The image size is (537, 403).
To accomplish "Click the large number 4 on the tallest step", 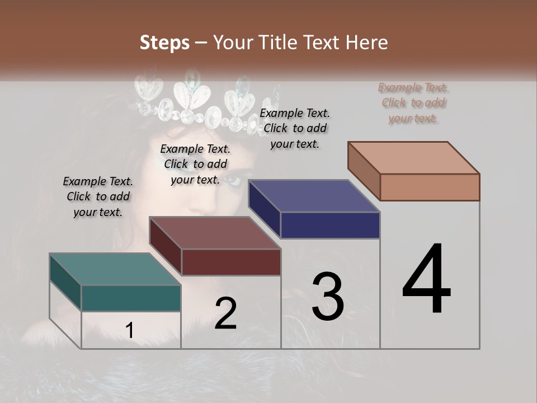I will coord(426,280).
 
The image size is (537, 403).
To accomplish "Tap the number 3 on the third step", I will coord(328,296).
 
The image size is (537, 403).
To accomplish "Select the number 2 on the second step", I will coord(225,313).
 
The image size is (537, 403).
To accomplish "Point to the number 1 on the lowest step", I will coord(129,331).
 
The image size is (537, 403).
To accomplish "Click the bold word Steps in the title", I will coord(164,43).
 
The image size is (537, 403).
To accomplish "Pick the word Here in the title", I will coord(366,43).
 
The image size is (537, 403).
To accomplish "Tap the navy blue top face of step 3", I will coord(314,196).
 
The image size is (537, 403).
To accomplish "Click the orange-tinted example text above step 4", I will coord(413,103).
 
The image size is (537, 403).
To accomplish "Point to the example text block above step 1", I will coord(98,197).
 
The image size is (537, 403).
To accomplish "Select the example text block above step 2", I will coord(195,165).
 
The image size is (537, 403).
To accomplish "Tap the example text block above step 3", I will coord(295,128).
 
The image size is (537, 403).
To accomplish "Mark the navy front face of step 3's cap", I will coord(330,226).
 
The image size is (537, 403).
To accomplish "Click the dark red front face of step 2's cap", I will coord(230,262).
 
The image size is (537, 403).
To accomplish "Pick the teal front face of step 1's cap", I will coord(131,298).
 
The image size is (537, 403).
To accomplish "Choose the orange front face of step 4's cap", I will coord(430,187).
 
